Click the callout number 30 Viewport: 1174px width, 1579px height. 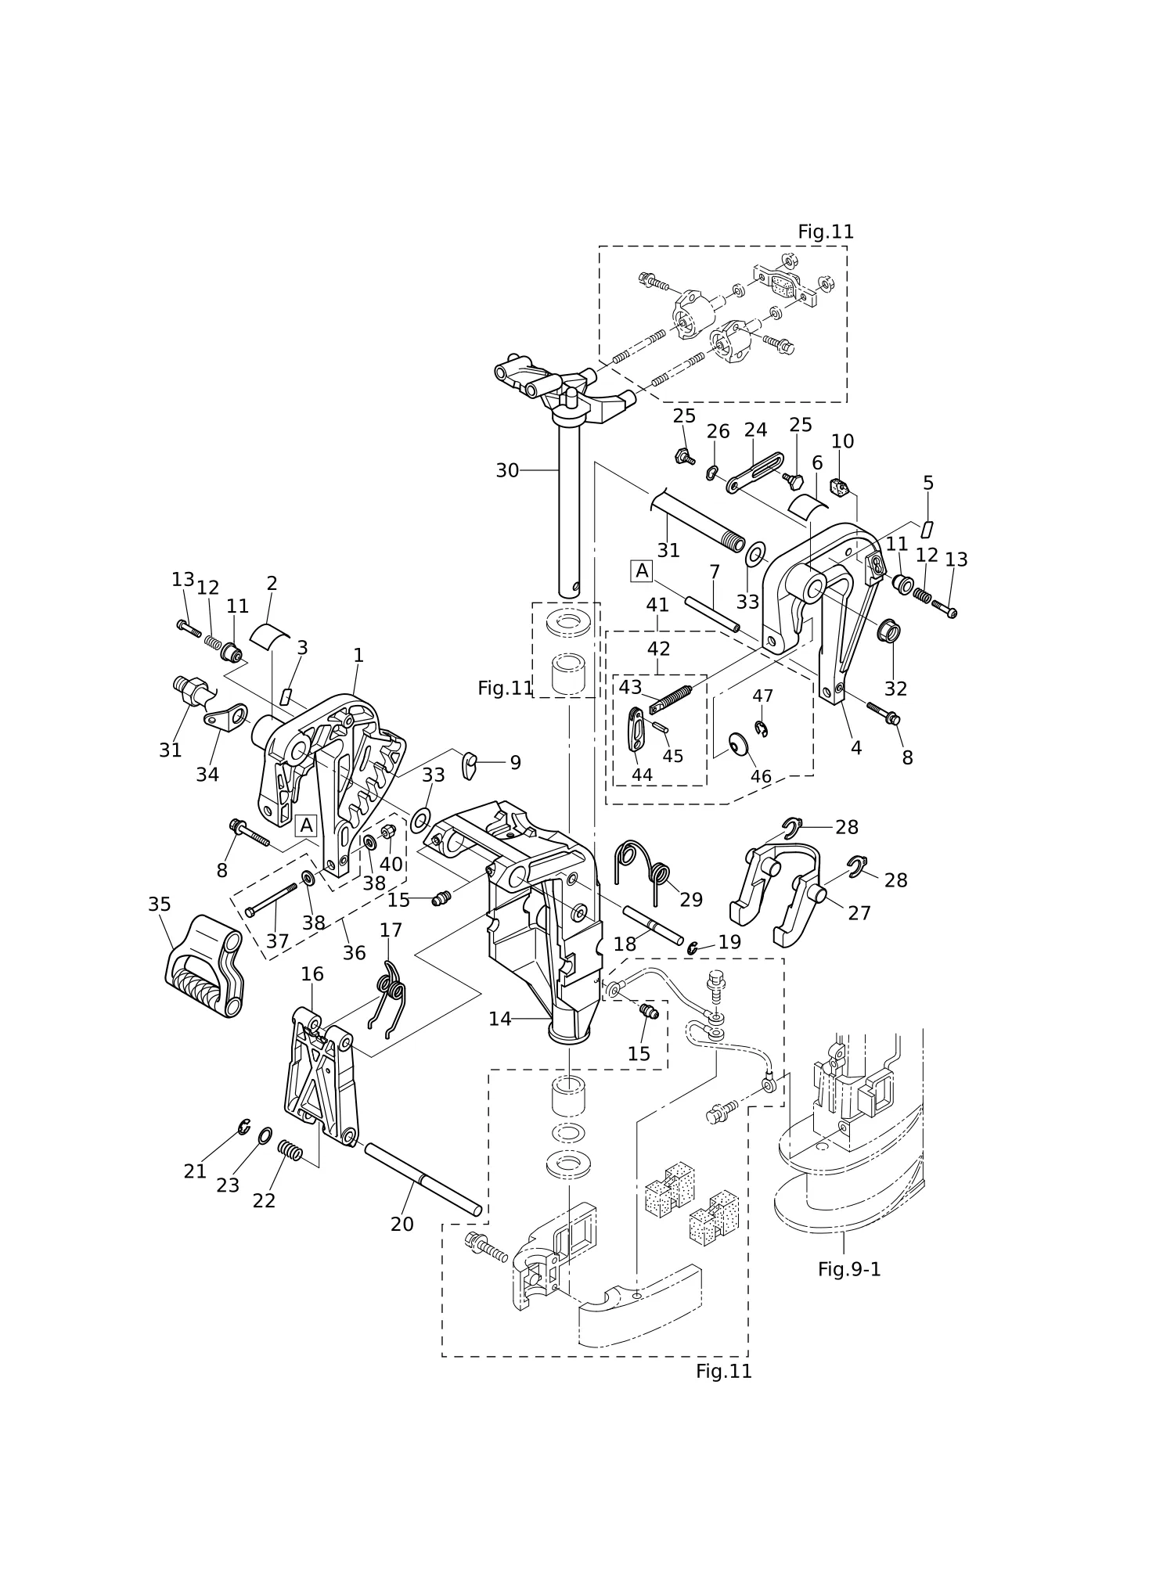507,470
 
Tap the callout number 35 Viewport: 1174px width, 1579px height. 160,905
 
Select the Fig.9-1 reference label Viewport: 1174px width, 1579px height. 849,1269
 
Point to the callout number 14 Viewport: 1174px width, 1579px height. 499,1019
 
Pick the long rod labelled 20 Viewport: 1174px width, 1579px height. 423,1179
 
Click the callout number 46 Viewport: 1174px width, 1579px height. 761,777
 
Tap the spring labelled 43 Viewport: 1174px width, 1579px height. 671,700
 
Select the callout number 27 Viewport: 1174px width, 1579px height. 859,913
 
